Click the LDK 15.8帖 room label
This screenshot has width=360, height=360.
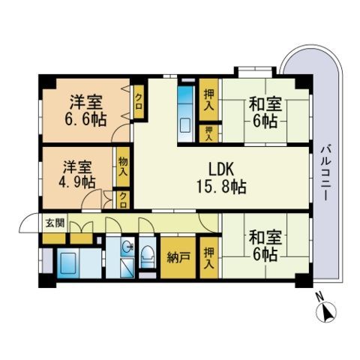[x=221, y=178]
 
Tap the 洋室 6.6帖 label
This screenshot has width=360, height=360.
[x=85, y=110]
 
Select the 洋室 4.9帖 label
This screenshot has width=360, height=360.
[x=77, y=175]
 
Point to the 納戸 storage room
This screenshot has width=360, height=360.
[x=178, y=257]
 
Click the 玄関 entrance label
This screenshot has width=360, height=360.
[x=55, y=223]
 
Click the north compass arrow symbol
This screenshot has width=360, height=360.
[x=326, y=312]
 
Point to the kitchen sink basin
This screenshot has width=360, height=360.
[x=185, y=126]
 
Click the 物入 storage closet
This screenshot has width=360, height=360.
[x=123, y=166]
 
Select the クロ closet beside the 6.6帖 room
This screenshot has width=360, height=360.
[x=139, y=102]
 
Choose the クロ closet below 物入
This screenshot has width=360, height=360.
[x=122, y=200]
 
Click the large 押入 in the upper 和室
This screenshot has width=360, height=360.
[x=208, y=100]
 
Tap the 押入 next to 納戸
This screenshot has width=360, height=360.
[x=208, y=257]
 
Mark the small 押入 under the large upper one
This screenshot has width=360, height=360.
[x=208, y=133]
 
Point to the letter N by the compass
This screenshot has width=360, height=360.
[x=319, y=297]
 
